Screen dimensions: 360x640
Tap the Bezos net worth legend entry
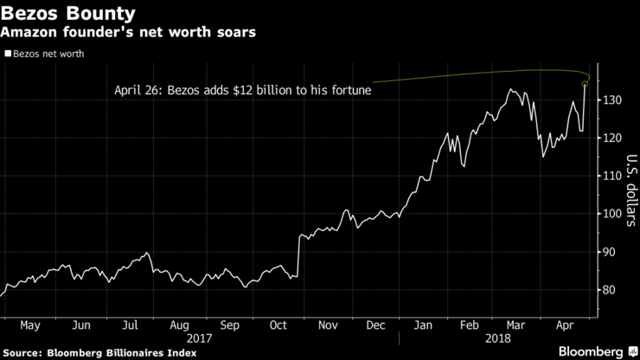pos(49,54)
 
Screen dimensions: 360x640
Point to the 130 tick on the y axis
pos(611,100)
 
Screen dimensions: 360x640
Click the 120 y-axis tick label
pos(611,138)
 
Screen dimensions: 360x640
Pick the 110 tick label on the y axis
pos(611,176)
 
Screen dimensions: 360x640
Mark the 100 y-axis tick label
pos(611,214)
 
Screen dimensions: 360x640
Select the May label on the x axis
pos(30,326)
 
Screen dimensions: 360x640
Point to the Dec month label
pos(375,326)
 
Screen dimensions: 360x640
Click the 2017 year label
pos(201,339)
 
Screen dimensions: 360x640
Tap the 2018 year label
pos(498,339)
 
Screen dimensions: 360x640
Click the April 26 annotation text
pos(249,89)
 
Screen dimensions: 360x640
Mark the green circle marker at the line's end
pos(586,84)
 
